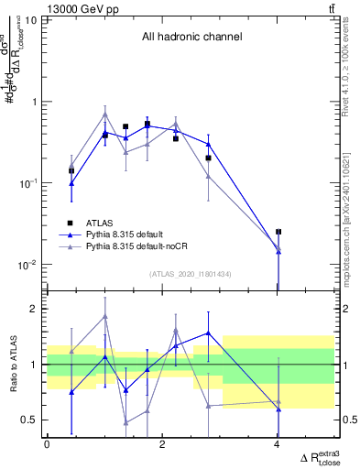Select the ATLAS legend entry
(x=97, y=223)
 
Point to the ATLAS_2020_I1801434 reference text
(x=191, y=274)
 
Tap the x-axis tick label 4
(x=278, y=444)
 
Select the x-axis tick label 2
(x=162, y=444)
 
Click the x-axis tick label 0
(x=47, y=444)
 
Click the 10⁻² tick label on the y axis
(x=27, y=265)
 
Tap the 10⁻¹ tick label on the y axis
(x=27, y=183)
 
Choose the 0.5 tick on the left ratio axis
(x=30, y=420)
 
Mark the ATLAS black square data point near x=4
(x=278, y=232)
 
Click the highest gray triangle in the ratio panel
(x=105, y=316)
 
